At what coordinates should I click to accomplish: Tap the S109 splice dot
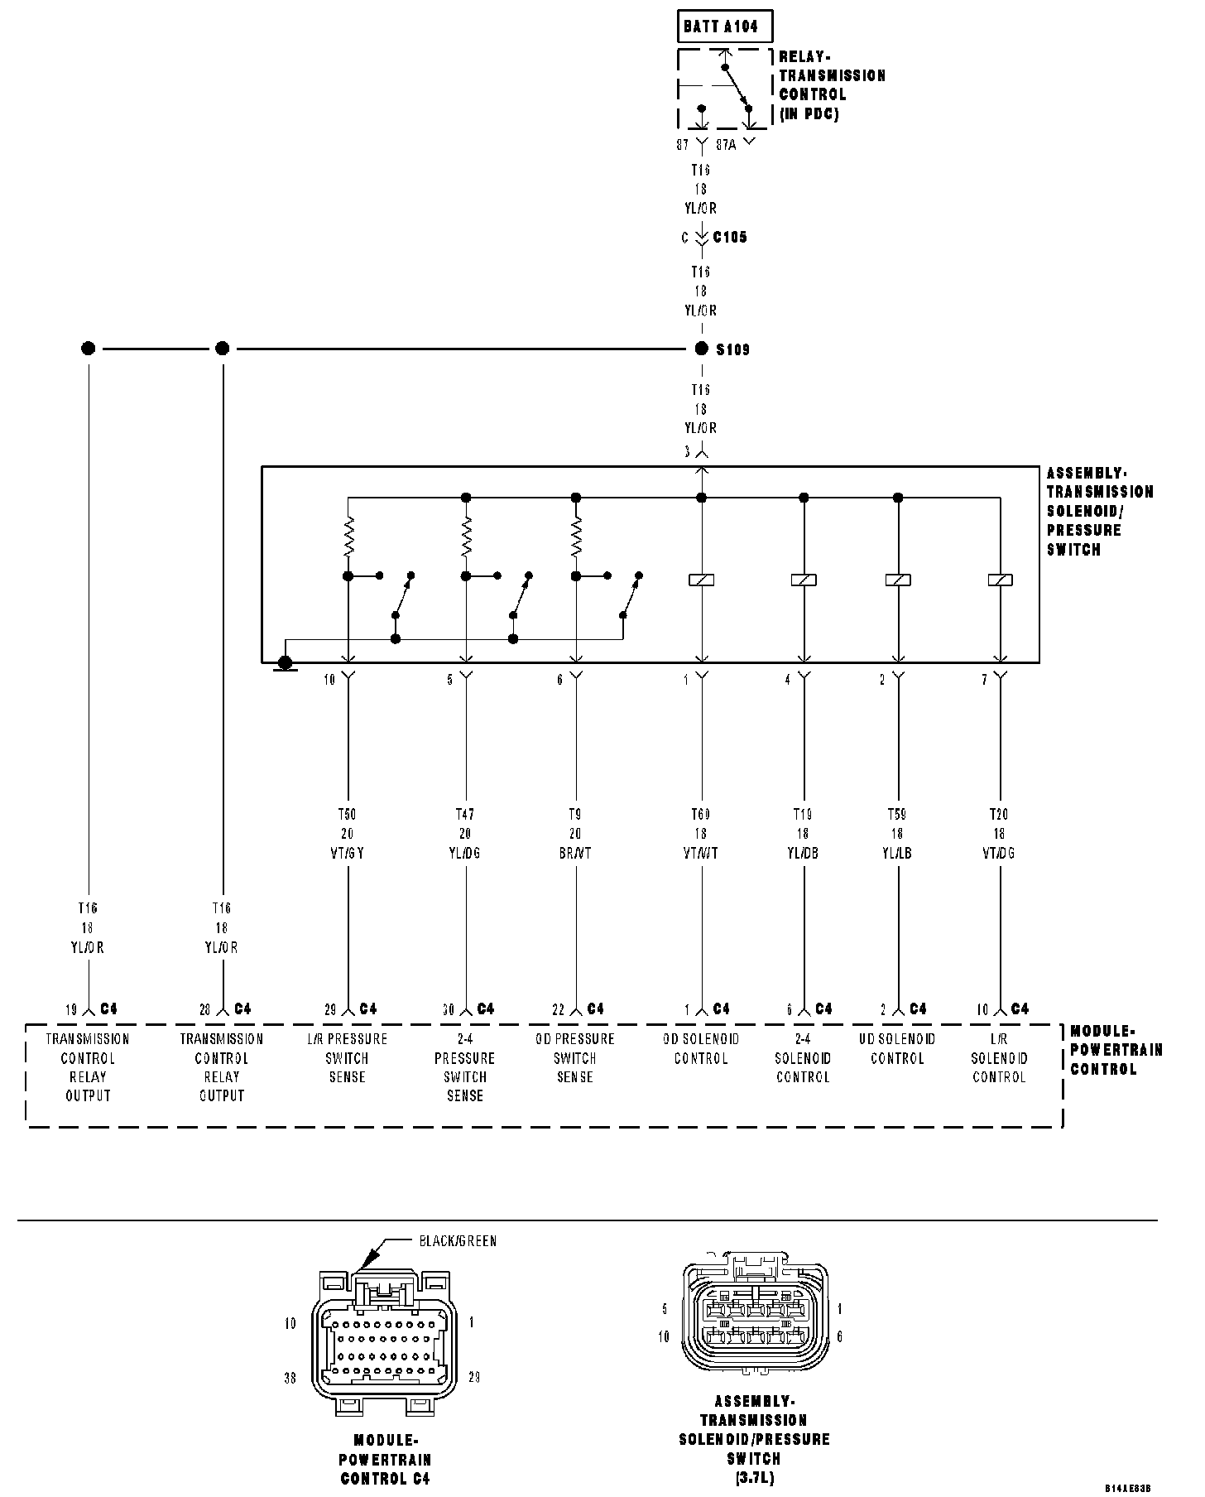coord(702,349)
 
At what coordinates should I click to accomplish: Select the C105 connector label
coord(730,238)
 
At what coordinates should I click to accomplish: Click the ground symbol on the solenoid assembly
coord(285,662)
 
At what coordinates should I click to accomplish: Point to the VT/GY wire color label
coord(348,853)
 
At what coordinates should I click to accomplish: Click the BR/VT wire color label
coord(575,853)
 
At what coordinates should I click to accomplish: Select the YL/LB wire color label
coord(897,853)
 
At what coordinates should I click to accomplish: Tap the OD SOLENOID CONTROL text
coord(701,1048)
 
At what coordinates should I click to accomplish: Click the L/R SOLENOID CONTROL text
coord(999,1058)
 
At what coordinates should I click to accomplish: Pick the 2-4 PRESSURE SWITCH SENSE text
coord(465,1067)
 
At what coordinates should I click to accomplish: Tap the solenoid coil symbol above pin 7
coord(1000,580)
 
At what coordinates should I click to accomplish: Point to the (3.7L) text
coord(754,1477)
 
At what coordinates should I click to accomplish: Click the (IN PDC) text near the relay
coord(809,114)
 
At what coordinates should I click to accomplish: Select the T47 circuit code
coord(465,815)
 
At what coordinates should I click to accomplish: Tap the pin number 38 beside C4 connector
coord(290,1378)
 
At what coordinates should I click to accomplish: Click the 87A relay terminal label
coord(726,145)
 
